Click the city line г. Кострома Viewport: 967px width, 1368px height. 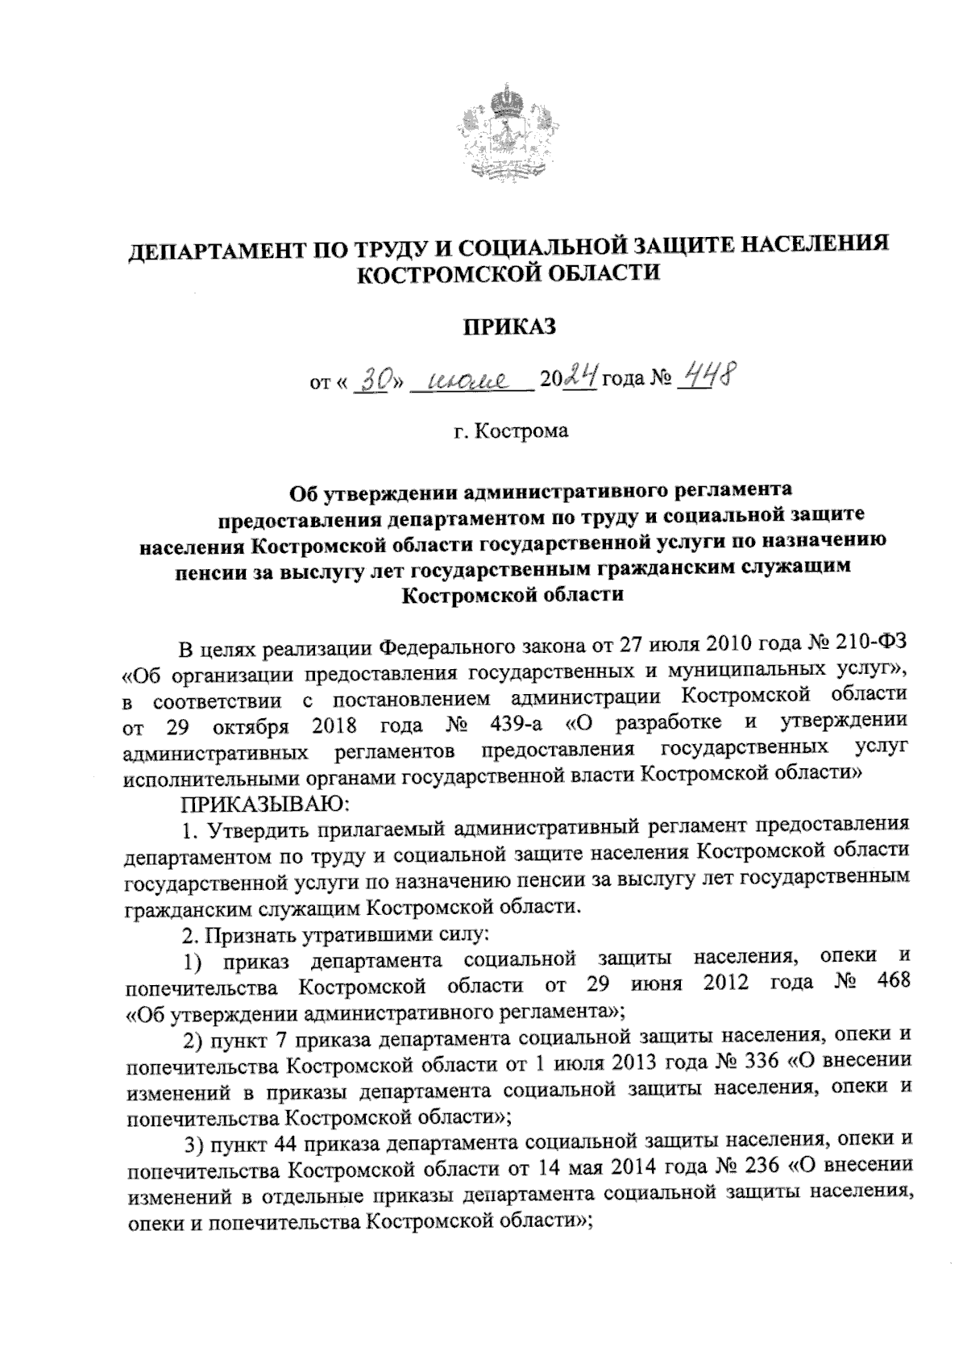point(509,431)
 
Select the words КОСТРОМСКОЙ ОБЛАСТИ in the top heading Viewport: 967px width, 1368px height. point(508,274)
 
